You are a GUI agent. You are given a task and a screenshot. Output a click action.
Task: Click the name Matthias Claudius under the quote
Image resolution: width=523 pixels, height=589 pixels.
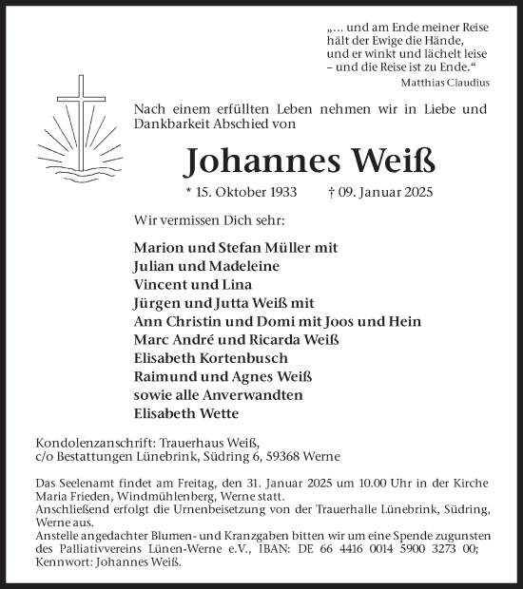pos(452,84)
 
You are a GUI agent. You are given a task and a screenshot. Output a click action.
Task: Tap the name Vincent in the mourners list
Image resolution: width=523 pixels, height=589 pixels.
pos(161,285)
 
